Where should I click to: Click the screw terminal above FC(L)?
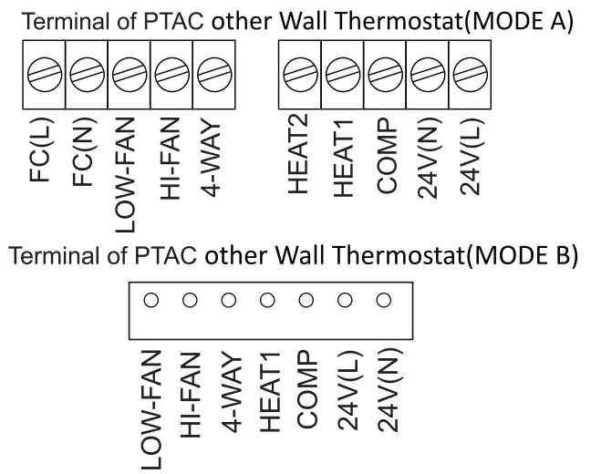(x=41, y=71)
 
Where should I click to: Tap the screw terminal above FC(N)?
(x=84, y=71)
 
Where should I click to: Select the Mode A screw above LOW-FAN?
(x=126, y=71)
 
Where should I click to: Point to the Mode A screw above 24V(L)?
(x=466, y=71)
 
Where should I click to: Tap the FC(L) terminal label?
(x=42, y=149)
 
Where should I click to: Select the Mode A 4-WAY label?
(x=211, y=154)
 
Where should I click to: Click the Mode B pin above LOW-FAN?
(x=150, y=299)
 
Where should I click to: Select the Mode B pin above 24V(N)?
(x=384, y=299)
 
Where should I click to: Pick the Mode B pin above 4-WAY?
(x=228, y=299)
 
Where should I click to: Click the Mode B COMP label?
(x=307, y=389)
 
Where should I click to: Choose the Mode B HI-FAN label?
(x=190, y=393)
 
